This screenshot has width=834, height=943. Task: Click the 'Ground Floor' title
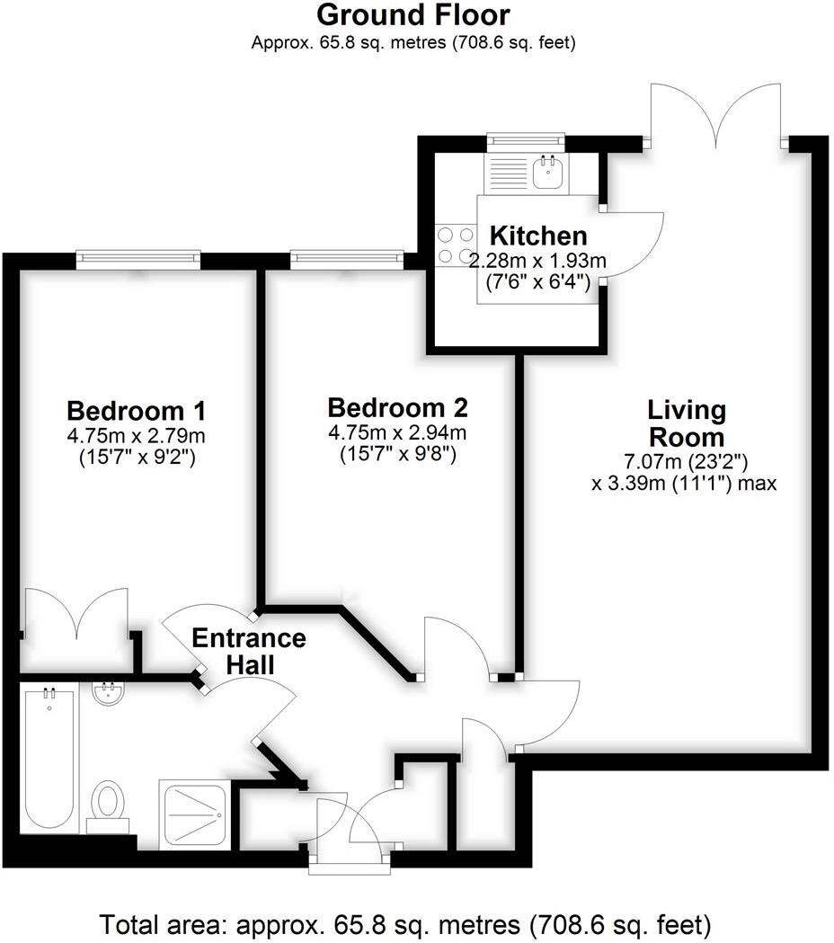point(413,15)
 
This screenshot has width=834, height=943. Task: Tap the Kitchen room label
point(537,236)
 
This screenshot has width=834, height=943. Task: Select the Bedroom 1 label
point(137,412)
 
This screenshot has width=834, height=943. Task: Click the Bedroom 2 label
point(397,408)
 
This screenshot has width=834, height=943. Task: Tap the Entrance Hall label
point(249,652)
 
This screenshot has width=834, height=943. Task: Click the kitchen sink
point(547,171)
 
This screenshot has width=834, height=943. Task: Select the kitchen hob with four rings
point(455,245)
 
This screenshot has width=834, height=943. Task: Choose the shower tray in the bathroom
point(195,814)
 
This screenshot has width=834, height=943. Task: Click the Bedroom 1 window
point(138,259)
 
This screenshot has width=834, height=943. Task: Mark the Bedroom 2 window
point(347,259)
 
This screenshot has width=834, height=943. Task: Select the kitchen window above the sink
point(526,142)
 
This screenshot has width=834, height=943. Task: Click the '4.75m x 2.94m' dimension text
point(397,432)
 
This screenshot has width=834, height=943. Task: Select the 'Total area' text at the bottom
point(405,923)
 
